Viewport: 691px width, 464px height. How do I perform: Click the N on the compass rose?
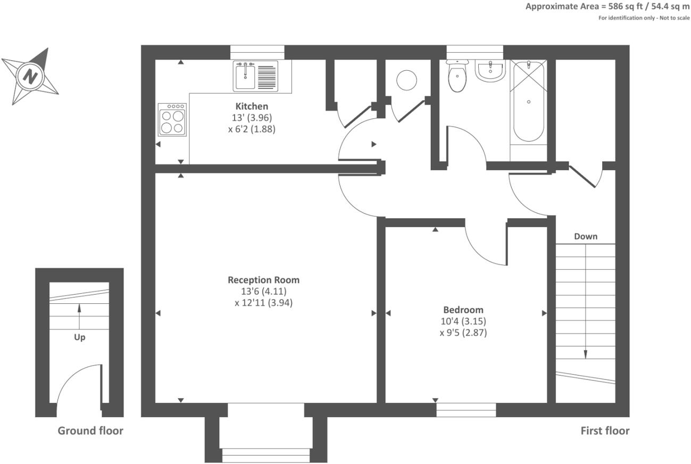point(30,76)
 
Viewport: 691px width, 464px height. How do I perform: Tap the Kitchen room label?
point(252,106)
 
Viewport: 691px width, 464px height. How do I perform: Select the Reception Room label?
point(263,280)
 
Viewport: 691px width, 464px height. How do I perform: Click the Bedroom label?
point(463,310)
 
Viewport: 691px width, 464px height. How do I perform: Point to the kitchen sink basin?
point(245,77)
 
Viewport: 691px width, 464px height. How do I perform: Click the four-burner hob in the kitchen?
point(172,120)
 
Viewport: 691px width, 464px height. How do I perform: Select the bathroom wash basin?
point(490,71)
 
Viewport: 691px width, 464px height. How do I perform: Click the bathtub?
point(528,102)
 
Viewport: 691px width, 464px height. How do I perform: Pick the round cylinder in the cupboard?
point(406,80)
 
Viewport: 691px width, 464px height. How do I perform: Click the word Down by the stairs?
point(586,237)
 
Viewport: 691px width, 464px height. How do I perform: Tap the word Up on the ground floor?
point(80,337)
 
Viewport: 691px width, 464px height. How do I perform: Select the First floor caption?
point(605,430)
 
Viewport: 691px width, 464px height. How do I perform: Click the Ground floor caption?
point(90,430)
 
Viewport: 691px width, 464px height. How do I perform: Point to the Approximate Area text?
point(607,6)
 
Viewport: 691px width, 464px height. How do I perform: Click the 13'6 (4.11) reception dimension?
point(264,291)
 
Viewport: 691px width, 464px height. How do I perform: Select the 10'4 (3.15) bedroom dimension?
point(463,321)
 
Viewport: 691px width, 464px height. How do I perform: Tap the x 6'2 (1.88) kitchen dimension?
point(252,129)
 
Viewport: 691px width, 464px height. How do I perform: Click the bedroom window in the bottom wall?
point(466,410)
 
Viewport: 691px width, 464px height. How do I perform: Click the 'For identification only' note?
point(644,18)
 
